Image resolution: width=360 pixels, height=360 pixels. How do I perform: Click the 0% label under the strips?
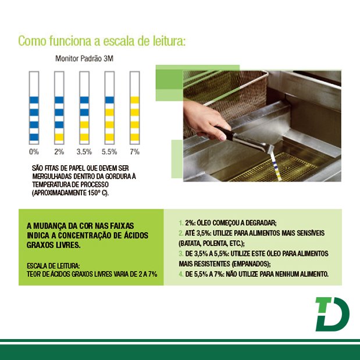click(x=34, y=152)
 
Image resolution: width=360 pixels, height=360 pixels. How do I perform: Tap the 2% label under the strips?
click(x=59, y=152)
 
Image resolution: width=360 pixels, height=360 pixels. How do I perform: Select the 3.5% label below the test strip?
click(x=84, y=152)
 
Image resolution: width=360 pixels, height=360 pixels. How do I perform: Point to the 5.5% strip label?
click(x=109, y=152)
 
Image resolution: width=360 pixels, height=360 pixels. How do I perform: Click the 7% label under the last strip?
click(x=135, y=152)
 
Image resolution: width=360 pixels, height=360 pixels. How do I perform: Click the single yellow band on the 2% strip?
click(x=59, y=137)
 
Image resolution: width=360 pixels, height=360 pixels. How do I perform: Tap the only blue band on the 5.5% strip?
click(x=109, y=100)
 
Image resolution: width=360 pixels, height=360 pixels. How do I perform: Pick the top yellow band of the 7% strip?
click(x=135, y=100)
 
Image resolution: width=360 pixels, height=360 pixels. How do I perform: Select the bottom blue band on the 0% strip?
click(x=34, y=137)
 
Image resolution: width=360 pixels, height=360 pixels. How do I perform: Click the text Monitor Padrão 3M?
click(x=84, y=59)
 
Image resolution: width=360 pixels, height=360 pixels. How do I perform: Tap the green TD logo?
click(x=332, y=314)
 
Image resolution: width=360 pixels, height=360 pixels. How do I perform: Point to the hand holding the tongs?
click(x=204, y=120)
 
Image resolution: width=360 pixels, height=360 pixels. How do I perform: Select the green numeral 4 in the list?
click(x=181, y=274)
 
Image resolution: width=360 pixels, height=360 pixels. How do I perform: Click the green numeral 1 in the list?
click(x=181, y=223)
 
